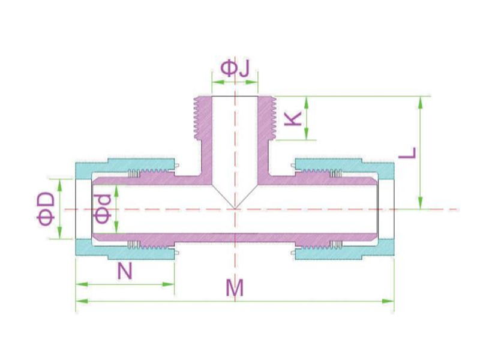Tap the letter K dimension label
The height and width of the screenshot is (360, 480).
tap(293, 118)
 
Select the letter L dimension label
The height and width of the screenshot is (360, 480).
tap(407, 152)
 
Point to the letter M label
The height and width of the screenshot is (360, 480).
tap(235, 288)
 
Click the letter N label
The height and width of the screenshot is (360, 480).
tap(125, 271)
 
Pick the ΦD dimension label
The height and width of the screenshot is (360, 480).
tap(46, 209)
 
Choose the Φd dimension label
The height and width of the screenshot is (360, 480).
tap(103, 208)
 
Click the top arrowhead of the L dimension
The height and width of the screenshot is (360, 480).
tap(421, 102)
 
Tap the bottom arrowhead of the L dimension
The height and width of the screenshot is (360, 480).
tap(421, 203)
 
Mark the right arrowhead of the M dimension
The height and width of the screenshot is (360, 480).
tap(388, 302)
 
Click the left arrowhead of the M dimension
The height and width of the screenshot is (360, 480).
tap(82, 302)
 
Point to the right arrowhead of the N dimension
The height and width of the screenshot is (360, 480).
tap(169, 284)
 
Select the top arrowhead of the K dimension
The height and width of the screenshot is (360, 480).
tap(306, 102)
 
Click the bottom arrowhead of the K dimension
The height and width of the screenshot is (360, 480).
tap(306, 134)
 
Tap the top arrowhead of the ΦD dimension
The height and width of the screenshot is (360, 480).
tap(60, 185)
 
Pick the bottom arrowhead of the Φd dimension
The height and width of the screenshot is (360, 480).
tap(116, 227)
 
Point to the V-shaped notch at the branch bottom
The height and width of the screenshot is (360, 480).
tap(235, 197)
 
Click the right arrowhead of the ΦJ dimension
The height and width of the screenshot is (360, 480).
tap(252, 82)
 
